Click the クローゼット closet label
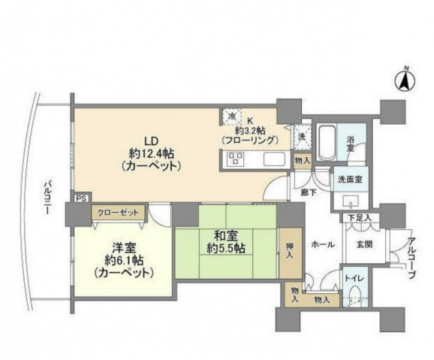point(118,212)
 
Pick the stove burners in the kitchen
point(235,158)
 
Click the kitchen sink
point(273,159)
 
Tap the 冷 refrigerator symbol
point(232,116)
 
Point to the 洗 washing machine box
point(301,138)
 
